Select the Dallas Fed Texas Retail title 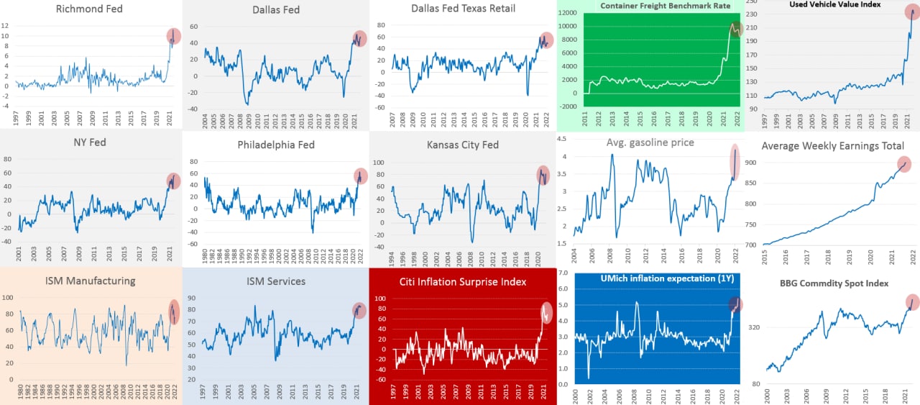point(463,9)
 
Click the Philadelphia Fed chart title point(277,145)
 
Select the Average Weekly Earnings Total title point(832,146)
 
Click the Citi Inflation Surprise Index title point(464,281)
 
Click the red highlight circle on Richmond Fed point(174,36)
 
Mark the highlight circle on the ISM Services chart point(359,310)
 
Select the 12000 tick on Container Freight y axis point(568,13)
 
